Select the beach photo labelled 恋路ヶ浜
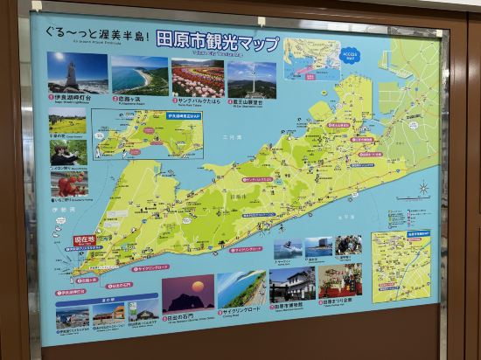pyautogui.click(x=139, y=75)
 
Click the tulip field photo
pyautogui.click(x=198, y=77)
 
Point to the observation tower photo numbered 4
pyautogui.click(x=251, y=79)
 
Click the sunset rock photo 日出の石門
pyautogui.click(x=187, y=294)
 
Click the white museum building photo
pyautogui.click(x=292, y=285)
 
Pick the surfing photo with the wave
pyautogui.click(x=289, y=248)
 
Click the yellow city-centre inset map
pyautogui.click(x=401, y=265)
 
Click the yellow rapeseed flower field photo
pyautogui.click(x=68, y=121)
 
